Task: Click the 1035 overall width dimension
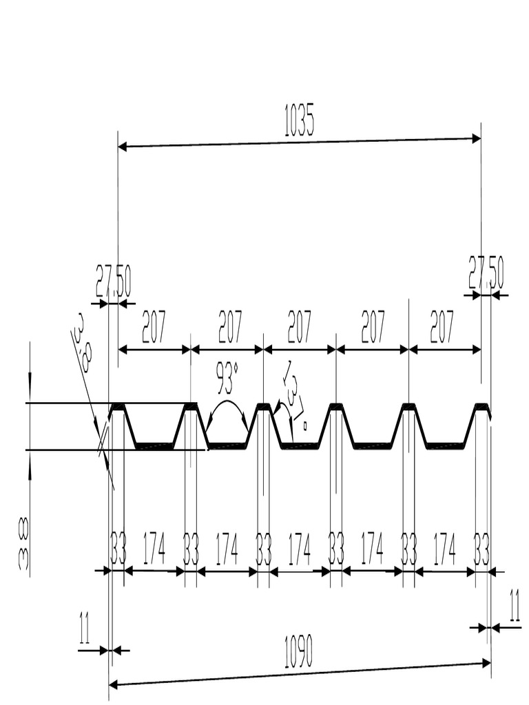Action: click(x=299, y=123)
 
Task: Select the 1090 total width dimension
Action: click(x=299, y=651)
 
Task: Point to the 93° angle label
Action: click(x=227, y=377)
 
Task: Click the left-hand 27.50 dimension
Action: click(x=113, y=280)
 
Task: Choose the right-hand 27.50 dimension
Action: click(x=486, y=273)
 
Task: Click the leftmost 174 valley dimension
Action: click(x=154, y=549)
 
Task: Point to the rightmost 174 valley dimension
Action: click(x=444, y=549)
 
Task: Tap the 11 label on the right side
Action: click(x=514, y=605)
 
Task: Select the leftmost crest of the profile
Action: click(x=118, y=406)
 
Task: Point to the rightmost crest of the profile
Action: click(x=481, y=406)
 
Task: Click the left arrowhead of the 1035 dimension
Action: click(x=123, y=146)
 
